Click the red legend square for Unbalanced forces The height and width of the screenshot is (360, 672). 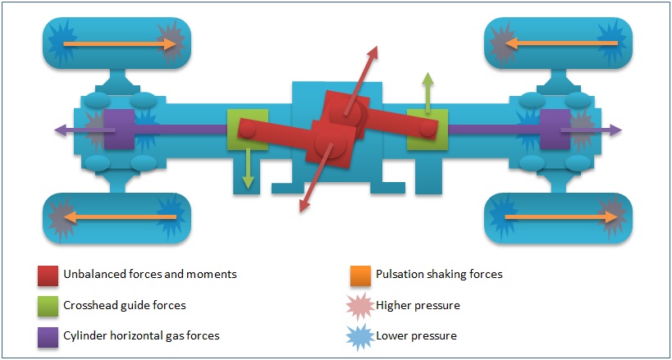coord(46,275)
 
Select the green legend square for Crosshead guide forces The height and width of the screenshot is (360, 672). coord(46,305)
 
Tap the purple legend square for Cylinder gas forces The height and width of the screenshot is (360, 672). coord(46,335)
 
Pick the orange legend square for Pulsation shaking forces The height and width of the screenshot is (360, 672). coord(358,275)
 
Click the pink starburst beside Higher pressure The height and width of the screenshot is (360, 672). coord(358,305)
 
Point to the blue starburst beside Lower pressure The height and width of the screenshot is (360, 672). coord(358,335)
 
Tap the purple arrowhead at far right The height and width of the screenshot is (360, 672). coord(616,130)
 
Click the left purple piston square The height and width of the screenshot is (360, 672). coord(119,130)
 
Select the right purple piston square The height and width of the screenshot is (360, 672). coord(554,130)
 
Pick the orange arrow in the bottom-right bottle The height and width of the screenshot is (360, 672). coord(558,217)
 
